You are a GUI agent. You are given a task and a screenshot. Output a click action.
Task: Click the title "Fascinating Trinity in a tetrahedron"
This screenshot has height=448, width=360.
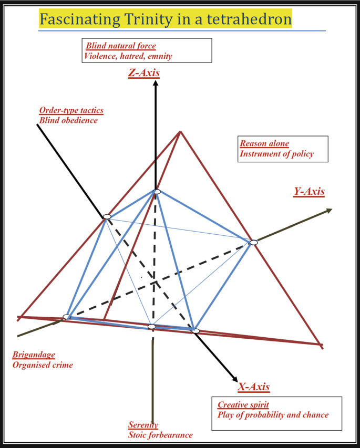click(165, 20)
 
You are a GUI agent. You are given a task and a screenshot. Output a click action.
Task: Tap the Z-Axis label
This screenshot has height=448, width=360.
click(143, 73)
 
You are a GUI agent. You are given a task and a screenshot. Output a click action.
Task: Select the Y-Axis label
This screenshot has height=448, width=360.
click(308, 192)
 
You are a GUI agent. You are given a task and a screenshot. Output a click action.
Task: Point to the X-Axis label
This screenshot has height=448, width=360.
click(254, 387)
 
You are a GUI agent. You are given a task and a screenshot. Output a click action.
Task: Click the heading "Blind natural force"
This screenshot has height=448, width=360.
click(121, 46)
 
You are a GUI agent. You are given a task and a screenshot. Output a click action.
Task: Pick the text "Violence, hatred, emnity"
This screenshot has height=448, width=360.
click(128, 56)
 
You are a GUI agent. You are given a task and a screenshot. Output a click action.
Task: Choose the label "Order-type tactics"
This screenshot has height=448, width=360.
click(71, 110)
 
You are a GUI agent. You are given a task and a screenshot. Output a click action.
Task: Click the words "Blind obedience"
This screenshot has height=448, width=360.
click(68, 120)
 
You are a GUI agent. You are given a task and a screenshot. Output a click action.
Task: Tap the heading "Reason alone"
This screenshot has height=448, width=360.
click(264, 143)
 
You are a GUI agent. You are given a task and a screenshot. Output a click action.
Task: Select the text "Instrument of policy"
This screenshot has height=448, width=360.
click(276, 154)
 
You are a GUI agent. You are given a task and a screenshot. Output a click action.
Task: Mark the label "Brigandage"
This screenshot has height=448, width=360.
click(34, 355)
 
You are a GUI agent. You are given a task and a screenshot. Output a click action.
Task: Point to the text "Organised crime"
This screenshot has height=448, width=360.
click(43, 365)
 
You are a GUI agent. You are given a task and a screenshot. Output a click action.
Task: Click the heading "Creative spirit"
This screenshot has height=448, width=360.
click(243, 405)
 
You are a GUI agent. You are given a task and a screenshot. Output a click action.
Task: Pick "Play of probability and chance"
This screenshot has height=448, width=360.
click(273, 415)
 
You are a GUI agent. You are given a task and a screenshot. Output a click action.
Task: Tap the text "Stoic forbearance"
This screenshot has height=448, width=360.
click(160, 435)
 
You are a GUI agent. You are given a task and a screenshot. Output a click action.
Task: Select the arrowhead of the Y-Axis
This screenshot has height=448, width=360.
click(329, 211)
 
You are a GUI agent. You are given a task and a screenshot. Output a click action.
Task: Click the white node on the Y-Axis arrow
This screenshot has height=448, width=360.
click(253, 242)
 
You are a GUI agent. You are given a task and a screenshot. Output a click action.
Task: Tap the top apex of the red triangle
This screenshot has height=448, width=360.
click(180, 131)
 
